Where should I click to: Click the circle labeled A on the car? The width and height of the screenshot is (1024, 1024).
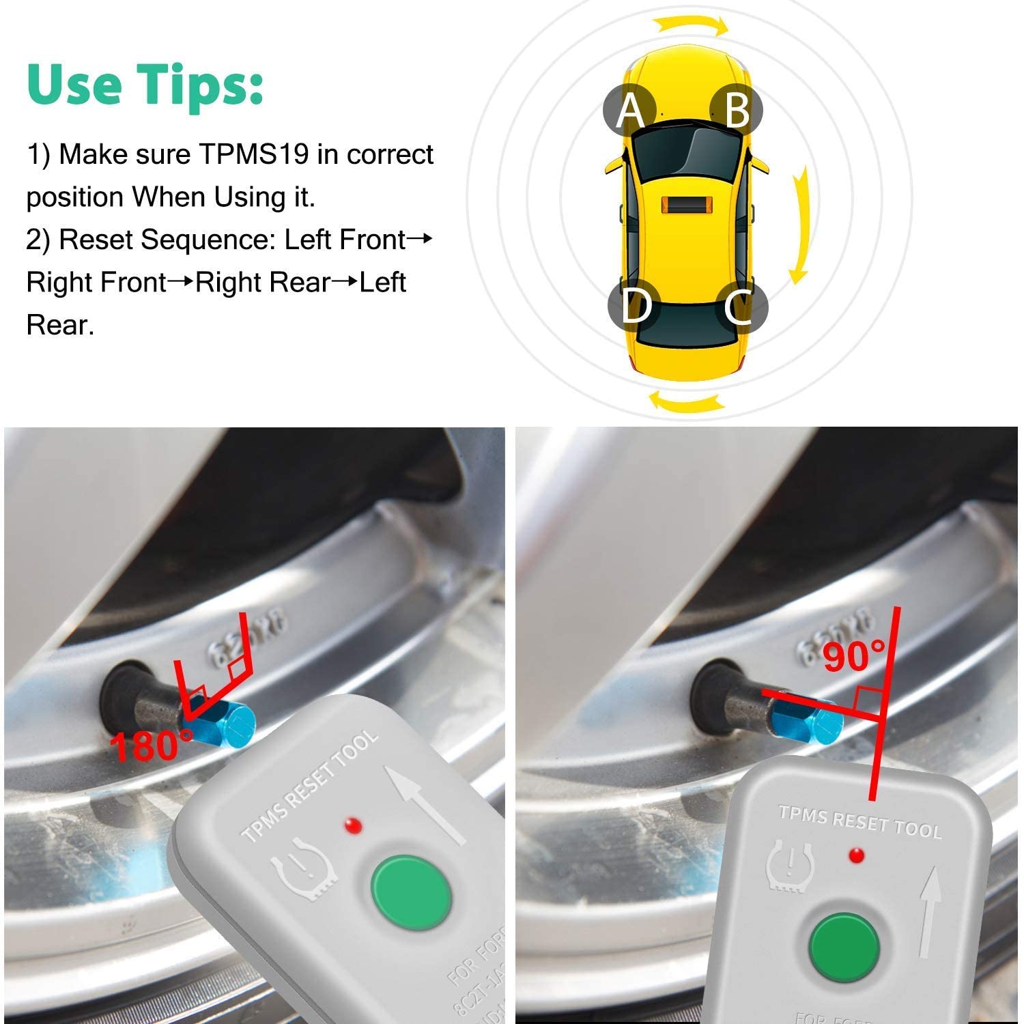[x=629, y=109]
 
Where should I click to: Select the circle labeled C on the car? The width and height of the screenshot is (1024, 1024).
[x=741, y=307]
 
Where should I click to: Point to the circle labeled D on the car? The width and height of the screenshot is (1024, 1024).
[x=634, y=307]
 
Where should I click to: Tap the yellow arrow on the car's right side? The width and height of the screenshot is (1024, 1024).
[x=801, y=225]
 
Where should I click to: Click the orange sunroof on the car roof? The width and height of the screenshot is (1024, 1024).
[x=686, y=205]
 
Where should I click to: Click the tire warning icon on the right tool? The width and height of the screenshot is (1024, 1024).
[x=791, y=867]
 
